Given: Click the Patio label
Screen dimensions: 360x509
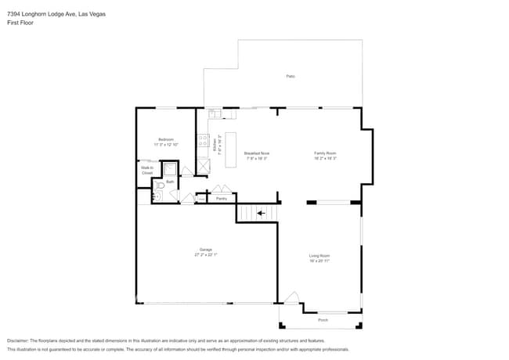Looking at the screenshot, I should click(x=290, y=76).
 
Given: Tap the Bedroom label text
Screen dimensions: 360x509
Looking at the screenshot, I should click(x=166, y=139).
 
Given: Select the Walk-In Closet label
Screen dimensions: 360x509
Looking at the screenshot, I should click(x=146, y=170).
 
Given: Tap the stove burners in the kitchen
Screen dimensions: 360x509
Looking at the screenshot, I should click(x=203, y=144).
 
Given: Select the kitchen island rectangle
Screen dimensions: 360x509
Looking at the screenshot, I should click(x=231, y=149).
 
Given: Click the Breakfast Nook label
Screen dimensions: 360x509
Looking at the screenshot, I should click(x=256, y=153).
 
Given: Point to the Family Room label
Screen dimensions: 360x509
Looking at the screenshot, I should click(x=325, y=153).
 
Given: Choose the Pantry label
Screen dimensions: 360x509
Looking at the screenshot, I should click(x=222, y=199).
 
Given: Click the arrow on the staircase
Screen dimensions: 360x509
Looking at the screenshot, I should click(x=261, y=212).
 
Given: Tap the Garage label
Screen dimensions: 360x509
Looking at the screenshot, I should click(x=204, y=250).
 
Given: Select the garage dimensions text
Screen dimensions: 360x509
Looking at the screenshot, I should click(x=204, y=255).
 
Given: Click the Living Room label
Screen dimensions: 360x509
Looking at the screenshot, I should click(x=319, y=256).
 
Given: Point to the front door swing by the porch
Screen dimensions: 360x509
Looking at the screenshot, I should click(x=291, y=298).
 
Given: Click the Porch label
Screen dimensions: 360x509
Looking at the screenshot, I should click(x=323, y=320).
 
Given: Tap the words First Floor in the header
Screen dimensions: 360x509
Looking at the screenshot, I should click(x=22, y=23).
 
